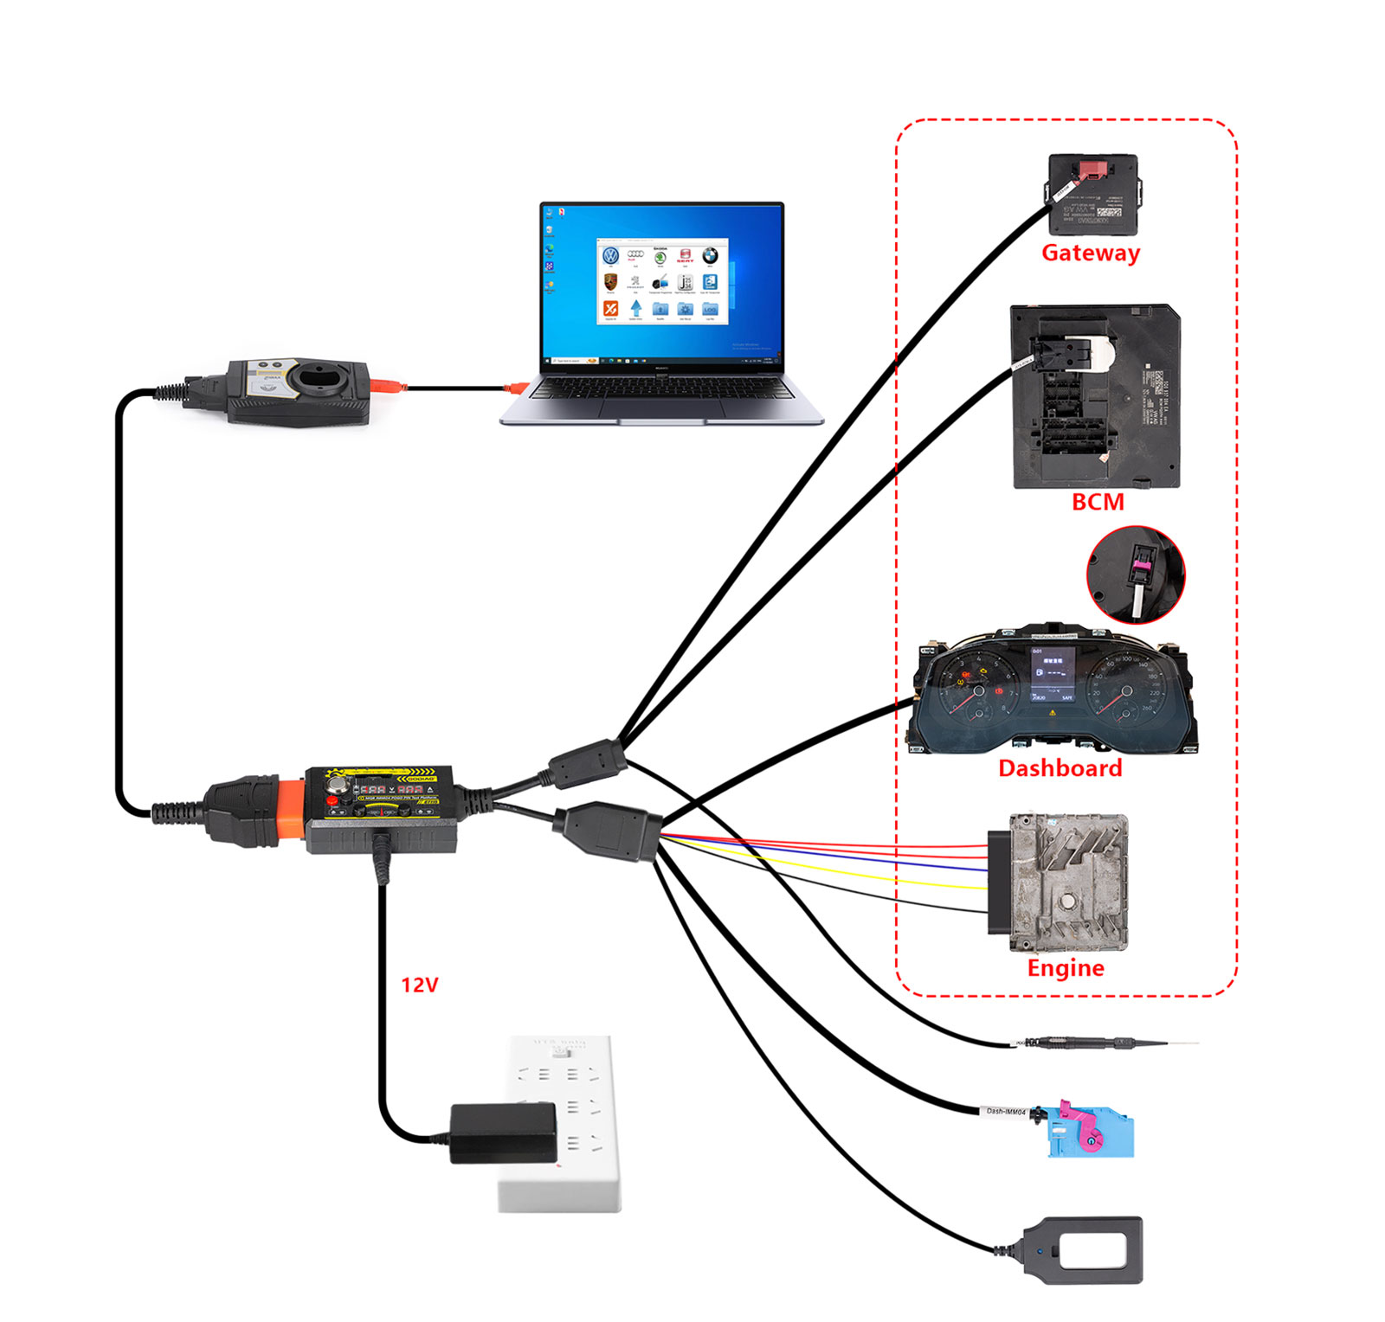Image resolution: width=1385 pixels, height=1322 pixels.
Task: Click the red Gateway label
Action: [1090, 253]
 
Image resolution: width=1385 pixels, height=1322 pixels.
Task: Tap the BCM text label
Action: [1098, 502]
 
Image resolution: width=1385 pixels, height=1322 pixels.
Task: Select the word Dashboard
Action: [1060, 768]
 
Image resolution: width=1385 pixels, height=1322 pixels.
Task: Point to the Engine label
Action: [1066, 968]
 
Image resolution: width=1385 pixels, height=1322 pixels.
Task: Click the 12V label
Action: [419, 985]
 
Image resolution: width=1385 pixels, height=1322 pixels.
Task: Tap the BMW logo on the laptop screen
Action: [710, 255]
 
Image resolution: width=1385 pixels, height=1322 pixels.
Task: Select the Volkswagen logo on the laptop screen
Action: [611, 255]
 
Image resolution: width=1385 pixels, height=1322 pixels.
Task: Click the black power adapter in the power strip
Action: [503, 1133]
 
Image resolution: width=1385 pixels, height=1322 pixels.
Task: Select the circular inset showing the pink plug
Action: [1136, 574]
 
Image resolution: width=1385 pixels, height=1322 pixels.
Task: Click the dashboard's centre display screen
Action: [1052, 674]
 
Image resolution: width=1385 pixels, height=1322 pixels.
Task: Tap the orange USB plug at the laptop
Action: [517, 388]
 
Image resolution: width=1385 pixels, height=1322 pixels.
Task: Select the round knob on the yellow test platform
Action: [337, 786]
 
